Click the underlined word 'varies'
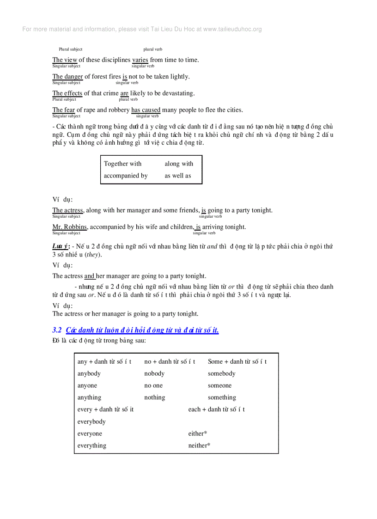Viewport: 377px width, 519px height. pos(140,60)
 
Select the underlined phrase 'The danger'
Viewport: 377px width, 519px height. pos(67,77)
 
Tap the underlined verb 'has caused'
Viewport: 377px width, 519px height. pos(146,110)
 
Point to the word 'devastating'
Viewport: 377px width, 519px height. pos(177,93)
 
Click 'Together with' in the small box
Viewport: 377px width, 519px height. pos(122,164)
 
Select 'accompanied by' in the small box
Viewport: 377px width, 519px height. pos(126,176)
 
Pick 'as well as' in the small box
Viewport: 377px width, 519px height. pos(177,176)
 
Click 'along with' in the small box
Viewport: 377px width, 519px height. pos(179,164)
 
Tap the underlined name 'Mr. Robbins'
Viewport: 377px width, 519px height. pos(69,227)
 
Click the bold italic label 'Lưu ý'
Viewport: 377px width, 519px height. pos(60,246)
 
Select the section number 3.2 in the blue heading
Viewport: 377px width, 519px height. pos(57,330)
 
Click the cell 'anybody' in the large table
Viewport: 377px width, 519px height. pos(89,373)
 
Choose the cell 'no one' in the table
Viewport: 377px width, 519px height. pos(153,385)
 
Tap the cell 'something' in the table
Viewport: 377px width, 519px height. pos(222,397)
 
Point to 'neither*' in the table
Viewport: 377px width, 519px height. pos(199,446)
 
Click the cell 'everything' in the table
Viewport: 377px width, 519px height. pos(91,446)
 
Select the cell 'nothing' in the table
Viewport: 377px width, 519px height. pos(154,397)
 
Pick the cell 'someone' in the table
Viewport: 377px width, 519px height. pos(219,385)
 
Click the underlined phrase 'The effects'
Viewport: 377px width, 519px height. pos(67,93)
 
